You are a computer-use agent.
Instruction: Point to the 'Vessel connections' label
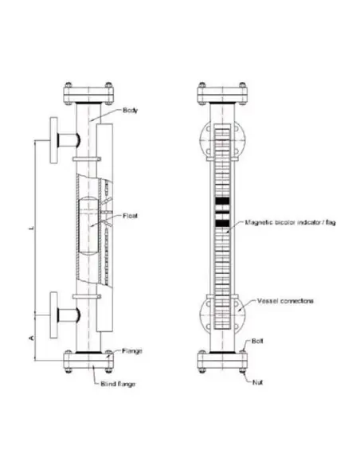click(x=285, y=301)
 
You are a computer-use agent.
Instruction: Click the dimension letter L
click(x=29, y=229)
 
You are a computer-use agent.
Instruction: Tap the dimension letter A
click(x=29, y=337)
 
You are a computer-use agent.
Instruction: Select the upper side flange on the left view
click(x=54, y=140)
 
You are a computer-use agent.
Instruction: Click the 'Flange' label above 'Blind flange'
click(x=131, y=350)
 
